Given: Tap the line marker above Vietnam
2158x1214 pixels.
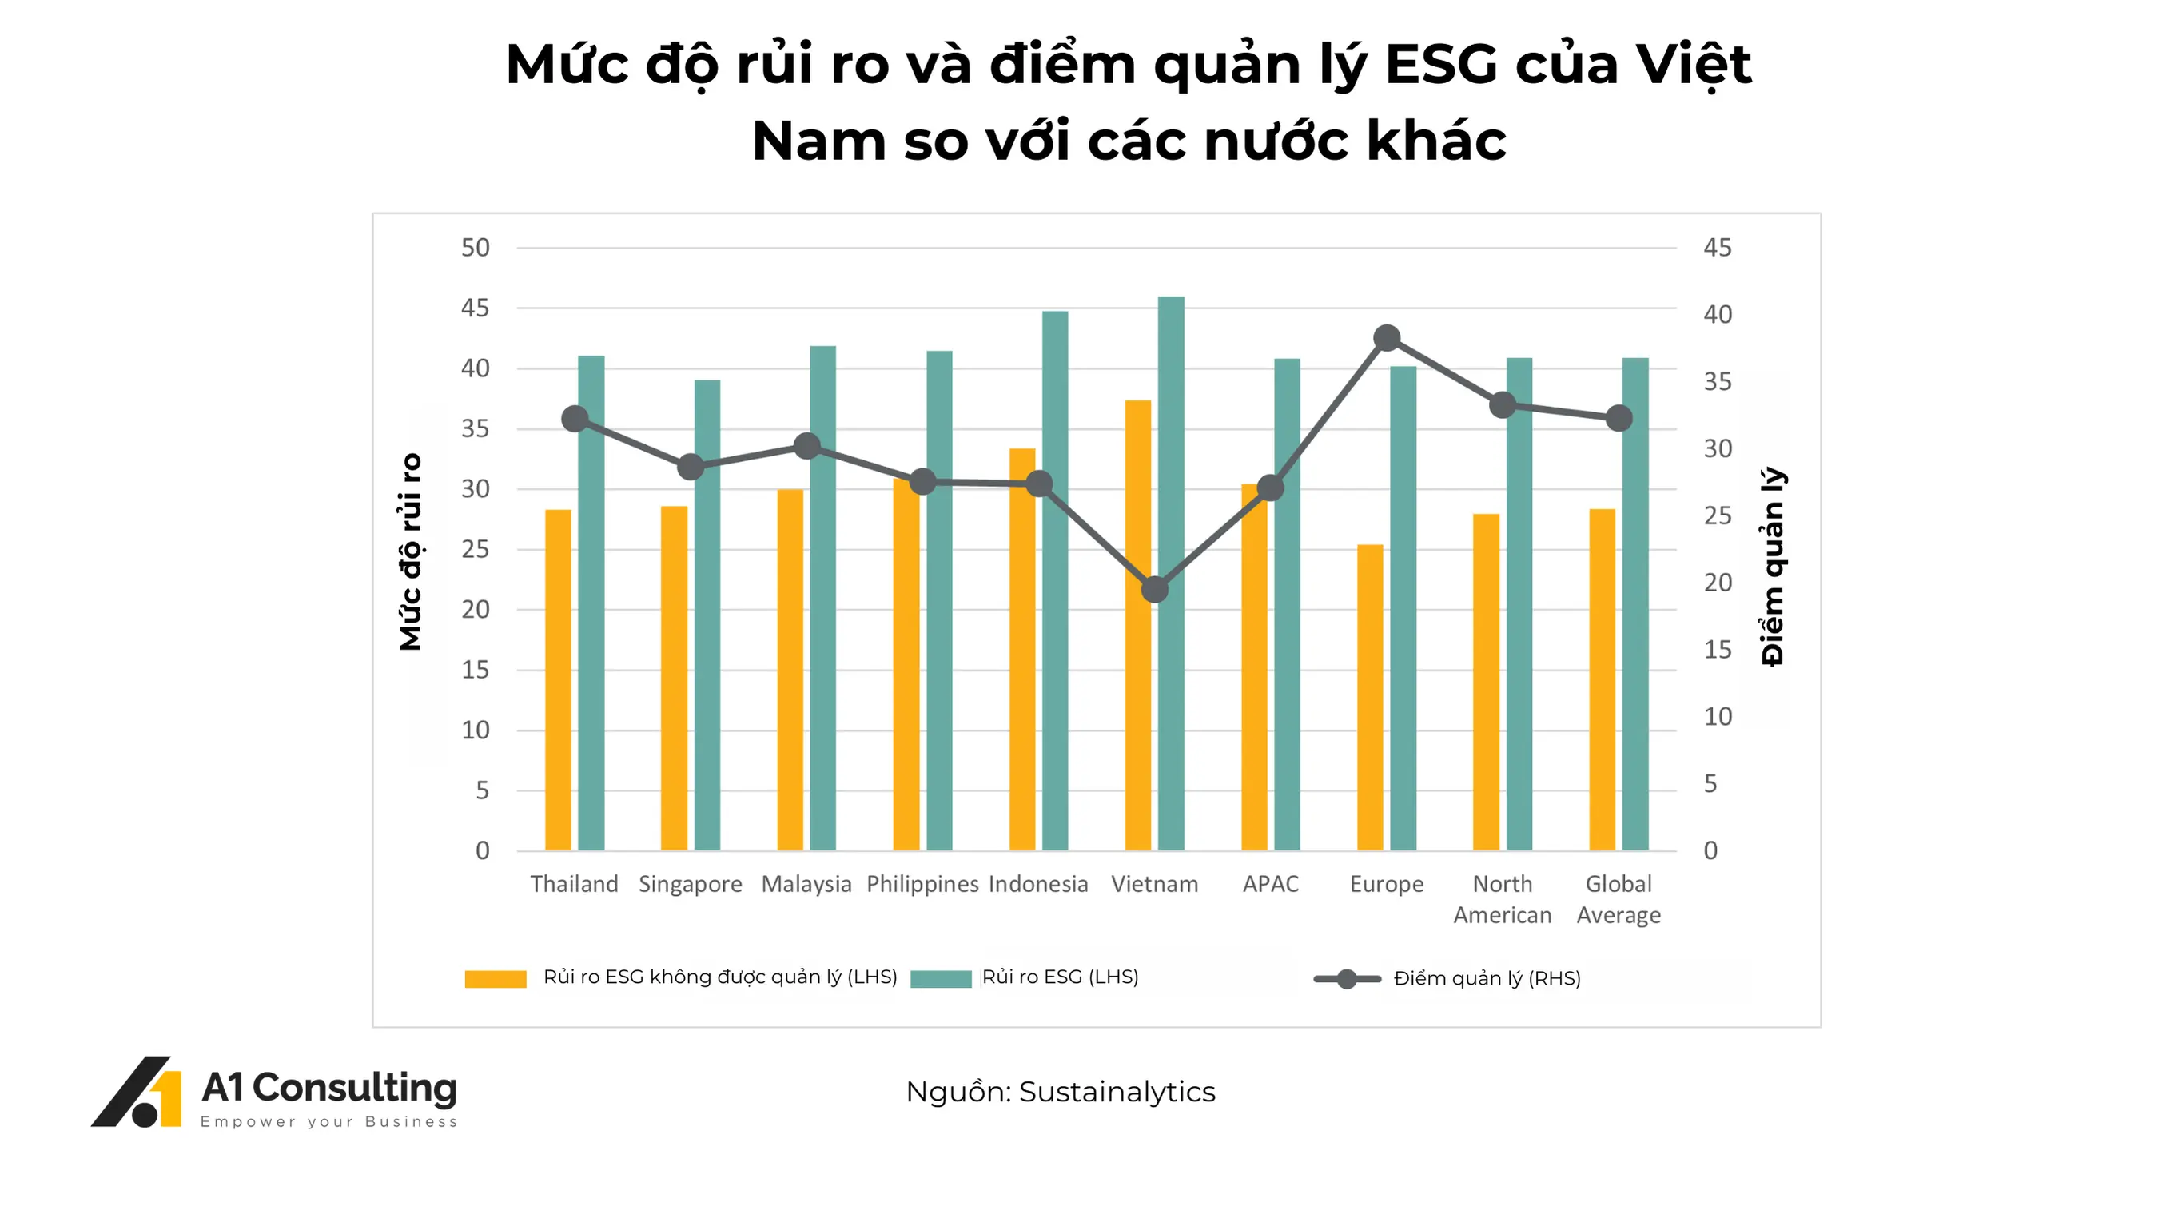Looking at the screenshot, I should (x=1154, y=590).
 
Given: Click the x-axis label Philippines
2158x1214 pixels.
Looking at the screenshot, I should (x=922, y=884).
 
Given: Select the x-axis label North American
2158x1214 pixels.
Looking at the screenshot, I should (x=1502, y=899).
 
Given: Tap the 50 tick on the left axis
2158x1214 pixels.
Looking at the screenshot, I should (x=475, y=248).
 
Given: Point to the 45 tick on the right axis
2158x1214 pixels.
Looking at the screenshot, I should (x=1718, y=248).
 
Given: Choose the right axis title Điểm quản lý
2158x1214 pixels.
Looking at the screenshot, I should (x=1772, y=567).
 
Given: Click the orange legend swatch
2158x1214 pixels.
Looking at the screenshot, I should (x=495, y=978).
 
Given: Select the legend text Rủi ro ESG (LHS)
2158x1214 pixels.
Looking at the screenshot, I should (x=1060, y=977).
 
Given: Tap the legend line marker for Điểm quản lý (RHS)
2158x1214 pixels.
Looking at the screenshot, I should (x=1346, y=978).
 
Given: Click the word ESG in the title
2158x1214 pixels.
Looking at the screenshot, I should (x=1441, y=65).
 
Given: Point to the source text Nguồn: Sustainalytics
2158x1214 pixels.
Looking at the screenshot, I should (x=1060, y=1092).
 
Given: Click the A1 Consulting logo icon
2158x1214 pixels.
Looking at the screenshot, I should (x=137, y=1092).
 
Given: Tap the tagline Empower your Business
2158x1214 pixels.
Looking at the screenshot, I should (x=328, y=1122).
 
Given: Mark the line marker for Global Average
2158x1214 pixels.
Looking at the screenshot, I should (x=1618, y=418).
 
